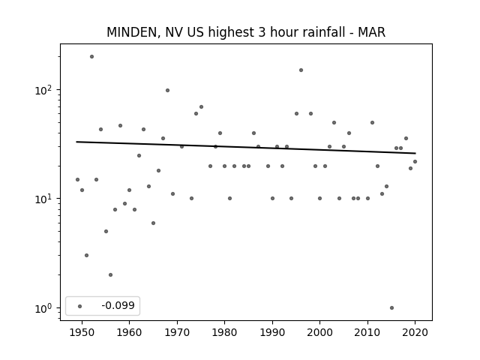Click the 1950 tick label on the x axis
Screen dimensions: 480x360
tap(82, 332)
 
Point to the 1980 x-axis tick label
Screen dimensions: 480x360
tap(224, 332)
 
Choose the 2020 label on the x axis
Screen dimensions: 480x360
tap(415, 332)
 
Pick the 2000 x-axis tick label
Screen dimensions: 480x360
tap(320, 332)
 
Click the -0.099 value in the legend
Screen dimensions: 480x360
tap(118, 305)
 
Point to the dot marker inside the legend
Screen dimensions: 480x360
tap(80, 306)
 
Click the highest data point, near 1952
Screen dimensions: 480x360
tap(91, 57)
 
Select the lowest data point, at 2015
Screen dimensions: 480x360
tap(391, 308)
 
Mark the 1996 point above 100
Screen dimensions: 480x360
tap(301, 70)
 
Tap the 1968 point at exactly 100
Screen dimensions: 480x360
tap(168, 90)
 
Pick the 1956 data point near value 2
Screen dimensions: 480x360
tap(110, 275)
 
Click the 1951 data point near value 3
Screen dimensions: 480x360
tap(87, 255)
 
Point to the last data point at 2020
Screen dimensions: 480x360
tap(415, 162)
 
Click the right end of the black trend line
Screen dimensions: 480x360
tap(415, 153)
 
